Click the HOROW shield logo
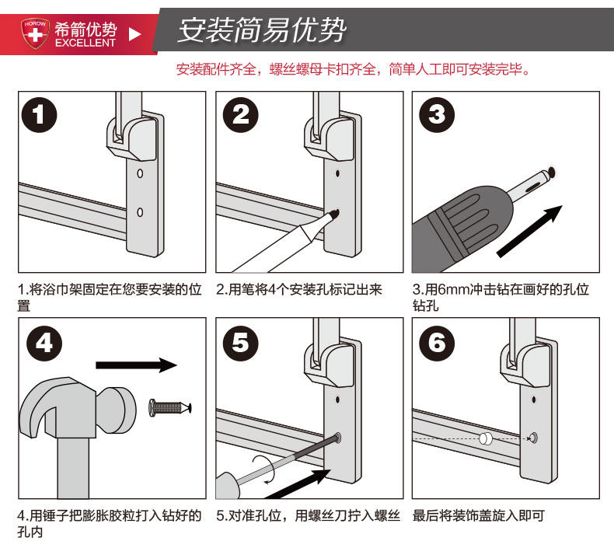tap(35, 33)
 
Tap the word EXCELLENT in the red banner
tap(85, 43)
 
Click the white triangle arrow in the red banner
tap(134, 34)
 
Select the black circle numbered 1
tap(39, 115)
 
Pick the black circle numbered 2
tap(240, 115)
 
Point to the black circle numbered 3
tap(437, 115)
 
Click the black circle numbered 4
tap(44, 343)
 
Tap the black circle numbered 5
tap(240, 343)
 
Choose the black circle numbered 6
tap(437, 343)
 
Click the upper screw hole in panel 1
tap(140, 173)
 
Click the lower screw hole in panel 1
tap(140, 212)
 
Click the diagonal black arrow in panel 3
tap(529, 231)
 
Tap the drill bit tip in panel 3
tap(552, 171)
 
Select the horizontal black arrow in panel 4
tap(136, 365)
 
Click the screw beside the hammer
tap(170, 408)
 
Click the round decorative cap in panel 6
tap(486, 438)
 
